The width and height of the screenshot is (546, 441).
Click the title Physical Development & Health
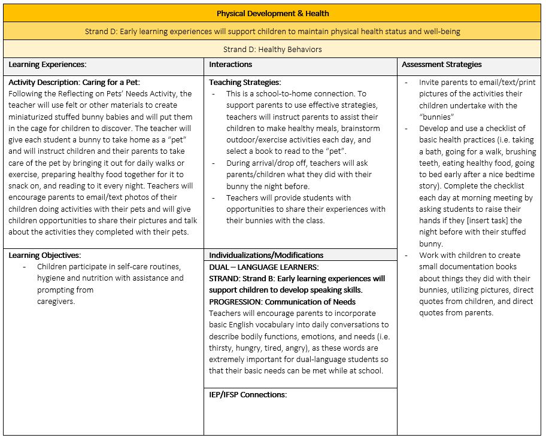(x=272, y=13)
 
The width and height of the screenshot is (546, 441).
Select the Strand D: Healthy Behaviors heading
(x=272, y=49)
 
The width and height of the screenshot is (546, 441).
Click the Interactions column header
(x=230, y=65)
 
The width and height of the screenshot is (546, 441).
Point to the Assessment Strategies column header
(x=441, y=65)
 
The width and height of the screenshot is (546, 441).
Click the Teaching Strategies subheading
(x=245, y=83)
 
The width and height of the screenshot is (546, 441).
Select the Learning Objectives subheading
(x=44, y=256)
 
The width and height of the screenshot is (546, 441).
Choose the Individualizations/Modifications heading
(x=266, y=256)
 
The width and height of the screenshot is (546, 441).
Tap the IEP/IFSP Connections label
(x=248, y=394)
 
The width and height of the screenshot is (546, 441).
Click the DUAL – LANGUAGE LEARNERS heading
(x=263, y=267)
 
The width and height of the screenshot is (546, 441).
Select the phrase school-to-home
(x=269, y=93)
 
